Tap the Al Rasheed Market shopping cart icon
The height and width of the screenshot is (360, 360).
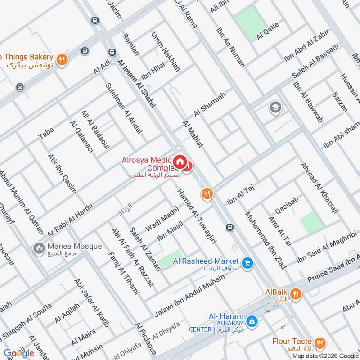point(247,262)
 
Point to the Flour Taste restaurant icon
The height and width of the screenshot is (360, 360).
point(319,343)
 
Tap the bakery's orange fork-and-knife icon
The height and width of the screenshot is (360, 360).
point(62,58)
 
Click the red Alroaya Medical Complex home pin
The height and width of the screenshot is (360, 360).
point(180,162)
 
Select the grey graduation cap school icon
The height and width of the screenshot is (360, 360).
point(274,108)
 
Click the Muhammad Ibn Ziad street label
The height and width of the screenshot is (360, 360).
point(265,240)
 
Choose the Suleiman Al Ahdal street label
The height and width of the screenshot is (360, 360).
point(124,108)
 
